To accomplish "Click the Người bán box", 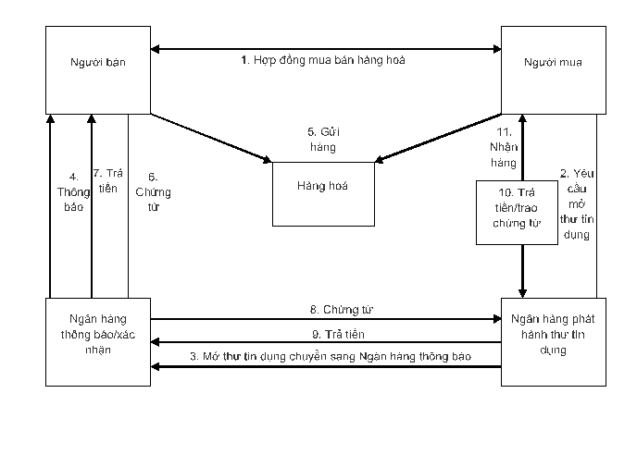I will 98,70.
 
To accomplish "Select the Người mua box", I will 554,70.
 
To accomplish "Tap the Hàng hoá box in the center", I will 323,193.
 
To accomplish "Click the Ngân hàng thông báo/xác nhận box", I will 98,340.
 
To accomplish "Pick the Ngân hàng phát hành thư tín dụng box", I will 554,340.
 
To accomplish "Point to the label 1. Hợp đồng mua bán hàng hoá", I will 323,60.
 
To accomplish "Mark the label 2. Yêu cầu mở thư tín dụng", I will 576,203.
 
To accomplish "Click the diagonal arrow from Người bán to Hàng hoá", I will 208,139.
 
